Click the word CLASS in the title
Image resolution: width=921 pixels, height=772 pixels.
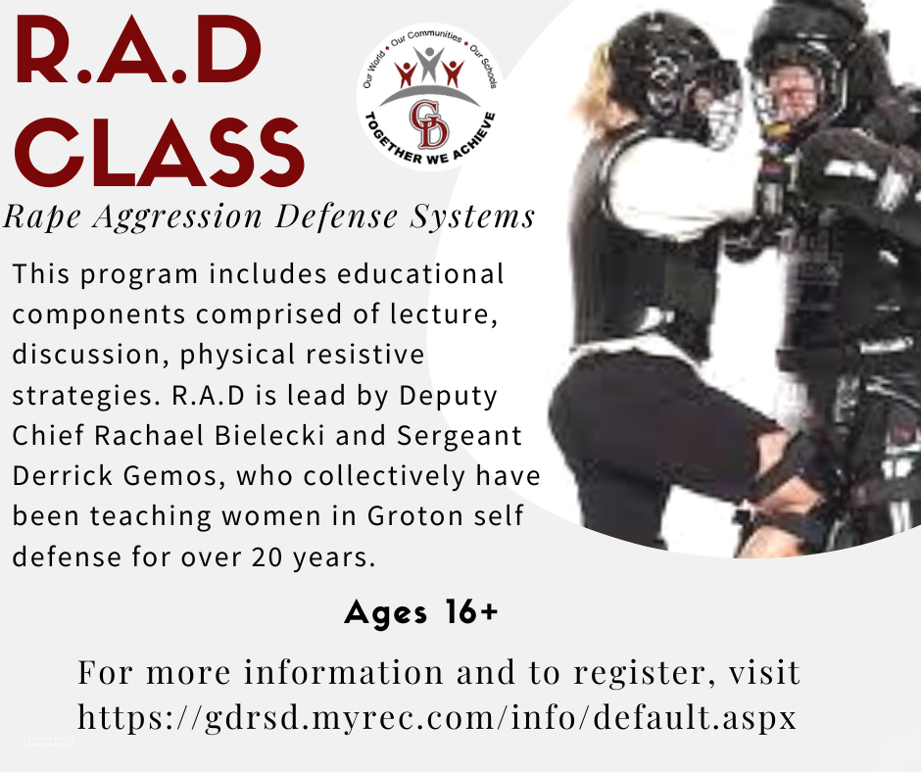(x=159, y=152)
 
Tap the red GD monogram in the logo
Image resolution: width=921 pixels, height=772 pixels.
(x=429, y=124)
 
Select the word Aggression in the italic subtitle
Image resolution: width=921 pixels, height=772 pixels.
(x=178, y=217)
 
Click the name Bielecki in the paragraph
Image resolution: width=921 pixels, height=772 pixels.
(x=269, y=435)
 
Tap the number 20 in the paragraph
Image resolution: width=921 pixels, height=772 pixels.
(x=267, y=557)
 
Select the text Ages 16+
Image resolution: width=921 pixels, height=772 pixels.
(x=421, y=612)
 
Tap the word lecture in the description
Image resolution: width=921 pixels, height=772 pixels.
(x=444, y=314)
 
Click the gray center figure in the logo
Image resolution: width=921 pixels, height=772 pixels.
(x=429, y=64)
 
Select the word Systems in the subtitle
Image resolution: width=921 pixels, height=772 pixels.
(x=472, y=217)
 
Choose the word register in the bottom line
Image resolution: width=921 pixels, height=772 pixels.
(x=646, y=673)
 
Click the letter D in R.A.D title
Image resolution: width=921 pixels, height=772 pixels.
(x=226, y=51)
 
